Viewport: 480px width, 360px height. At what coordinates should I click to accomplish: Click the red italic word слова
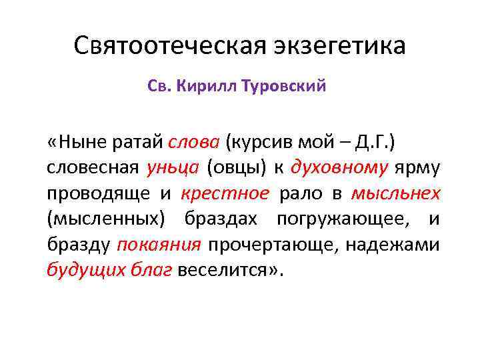point(195,141)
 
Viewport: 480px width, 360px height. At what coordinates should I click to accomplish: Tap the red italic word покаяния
point(159,245)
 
